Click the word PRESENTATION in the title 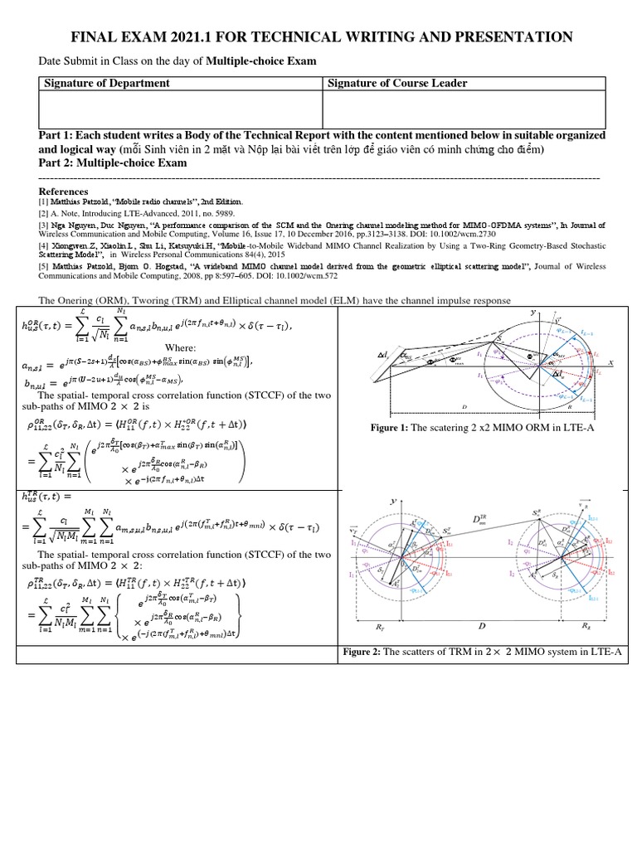(x=508, y=36)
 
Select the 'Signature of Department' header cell (x=105, y=83)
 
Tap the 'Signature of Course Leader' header (x=397, y=83)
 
